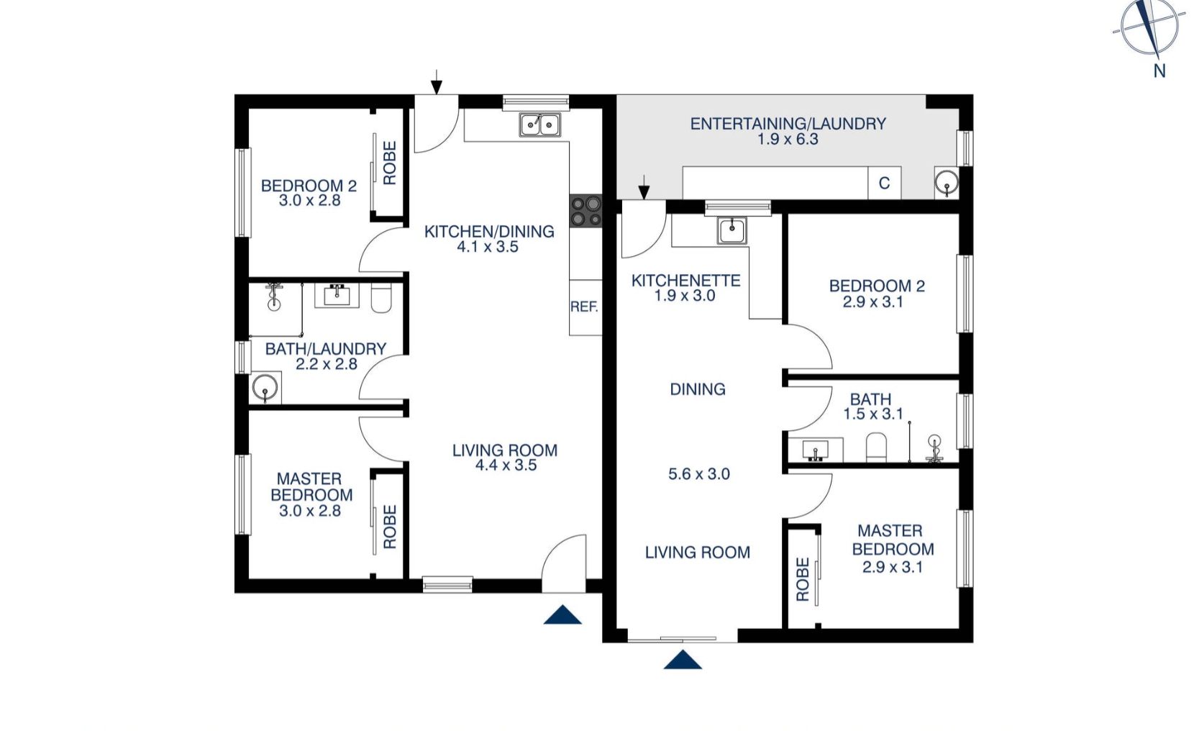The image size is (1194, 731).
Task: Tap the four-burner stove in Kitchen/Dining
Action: (x=585, y=212)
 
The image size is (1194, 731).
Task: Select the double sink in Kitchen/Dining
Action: (x=540, y=125)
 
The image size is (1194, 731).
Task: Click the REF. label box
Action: (x=585, y=307)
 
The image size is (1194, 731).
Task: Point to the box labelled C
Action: (x=884, y=183)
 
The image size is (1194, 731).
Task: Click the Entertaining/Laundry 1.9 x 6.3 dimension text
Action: (x=788, y=140)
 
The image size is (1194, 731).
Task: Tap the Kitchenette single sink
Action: (x=732, y=231)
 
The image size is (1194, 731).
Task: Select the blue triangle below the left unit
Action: (x=562, y=614)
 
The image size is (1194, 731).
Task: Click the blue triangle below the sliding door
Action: (x=682, y=659)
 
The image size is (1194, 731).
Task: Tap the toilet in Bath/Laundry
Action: (x=381, y=299)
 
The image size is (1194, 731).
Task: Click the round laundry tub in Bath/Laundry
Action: (x=265, y=390)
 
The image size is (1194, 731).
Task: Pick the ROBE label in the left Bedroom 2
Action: (x=390, y=163)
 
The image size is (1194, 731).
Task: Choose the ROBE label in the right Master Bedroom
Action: (x=803, y=579)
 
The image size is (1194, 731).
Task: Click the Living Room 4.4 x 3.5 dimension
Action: (x=506, y=466)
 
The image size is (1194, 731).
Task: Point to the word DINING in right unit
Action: (x=697, y=389)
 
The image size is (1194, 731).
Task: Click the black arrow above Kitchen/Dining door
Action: (x=437, y=81)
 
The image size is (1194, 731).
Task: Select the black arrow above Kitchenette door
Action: (x=644, y=186)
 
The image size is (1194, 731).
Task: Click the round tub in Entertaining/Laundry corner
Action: (x=947, y=183)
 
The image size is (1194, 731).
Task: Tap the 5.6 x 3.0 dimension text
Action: (x=698, y=474)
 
